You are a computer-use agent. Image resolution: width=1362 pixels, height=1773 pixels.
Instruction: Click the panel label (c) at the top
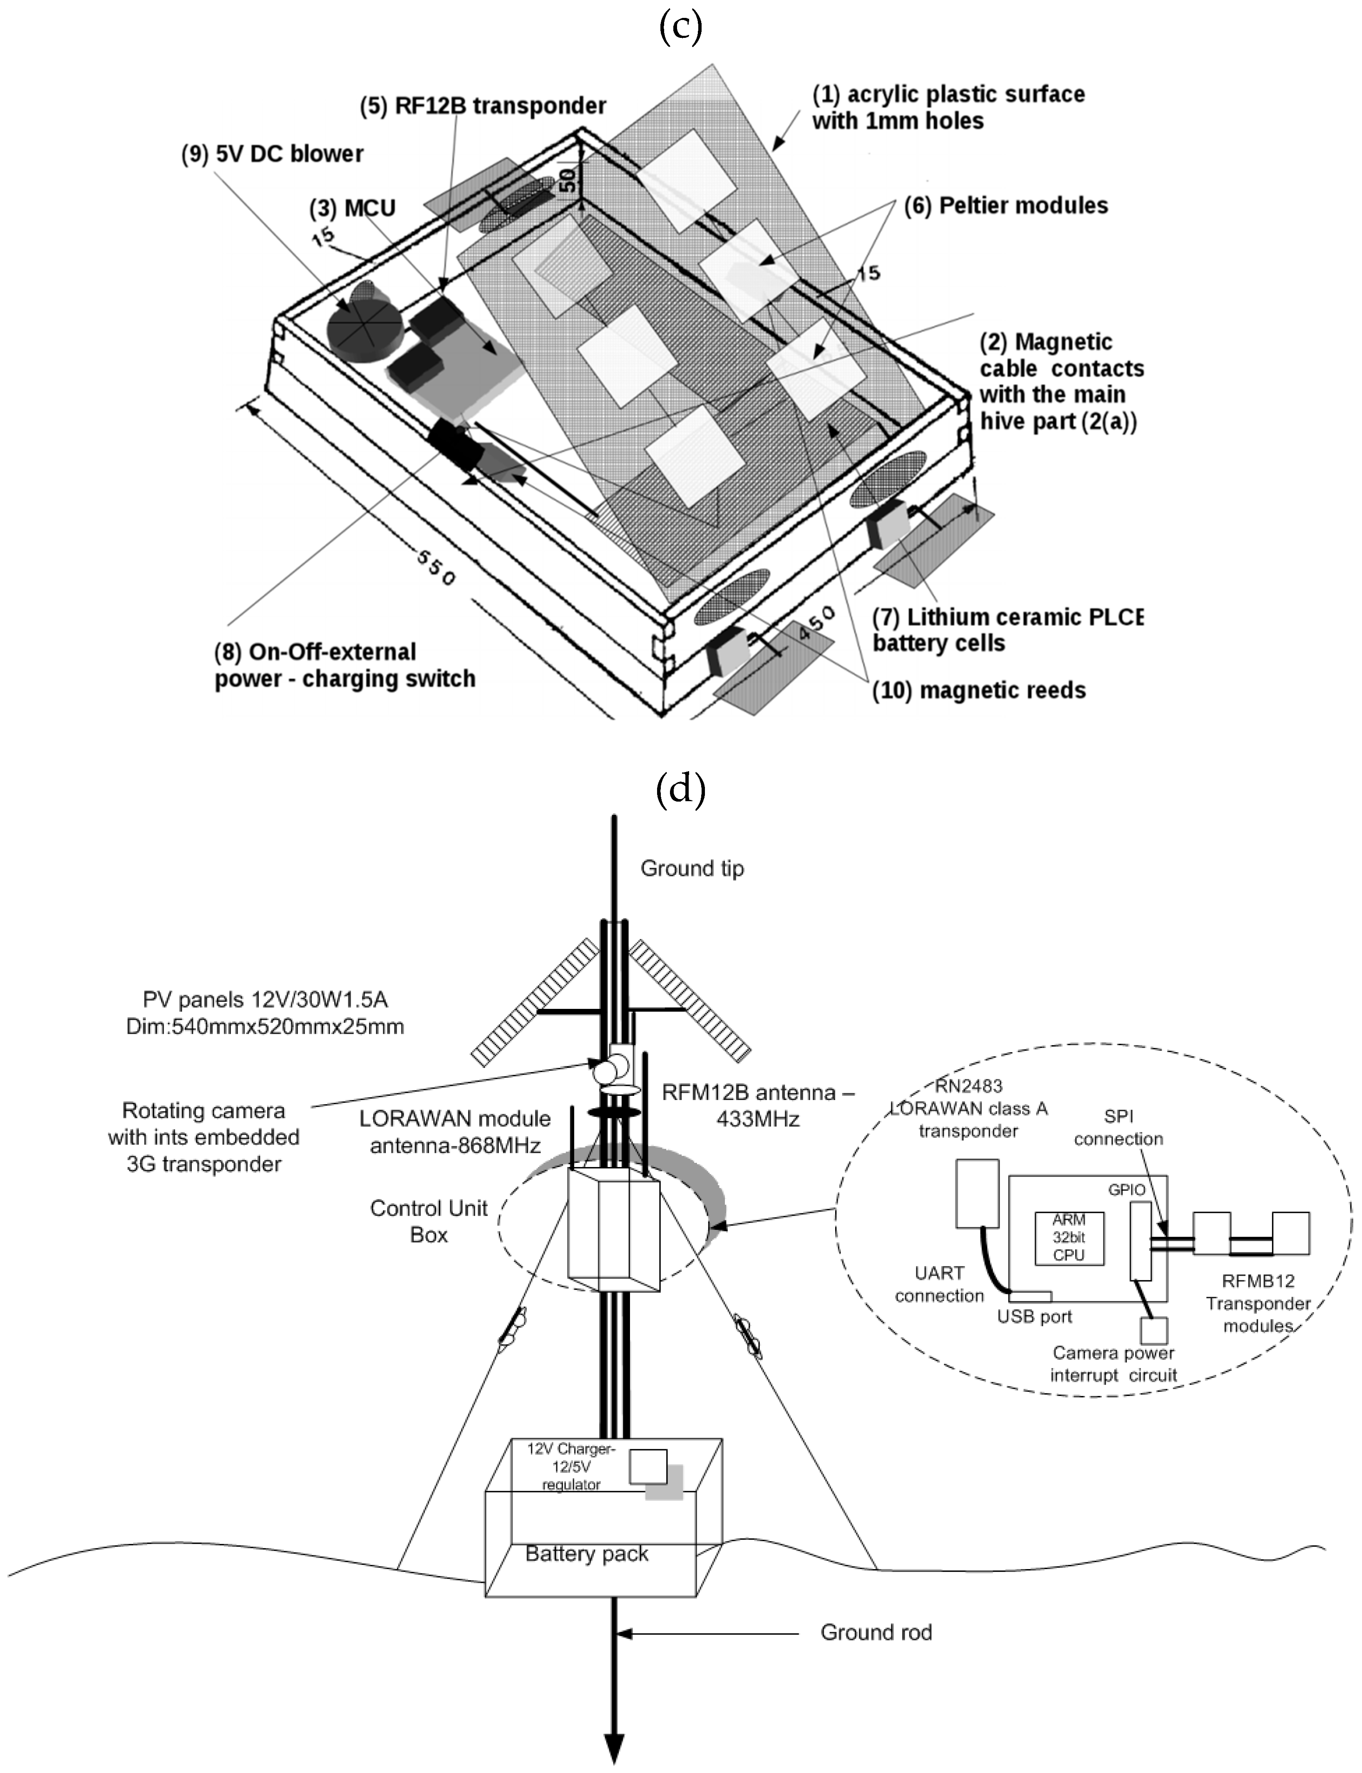pyautogui.click(x=680, y=26)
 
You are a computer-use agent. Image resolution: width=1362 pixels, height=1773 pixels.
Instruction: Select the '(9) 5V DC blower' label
pyautogui.click(x=273, y=154)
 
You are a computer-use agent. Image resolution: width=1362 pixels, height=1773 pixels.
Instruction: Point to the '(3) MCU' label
pyautogui.click(x=352, y=209)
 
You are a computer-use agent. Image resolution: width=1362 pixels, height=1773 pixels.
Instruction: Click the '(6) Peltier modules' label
pyautogui.click(x=1007, y=206)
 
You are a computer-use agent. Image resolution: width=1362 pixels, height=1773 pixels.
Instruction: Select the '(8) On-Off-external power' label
pyautogui.click(x=345, y=665)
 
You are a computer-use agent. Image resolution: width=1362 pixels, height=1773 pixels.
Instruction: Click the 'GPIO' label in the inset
pyautogui.click(x=1127, y=1189)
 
